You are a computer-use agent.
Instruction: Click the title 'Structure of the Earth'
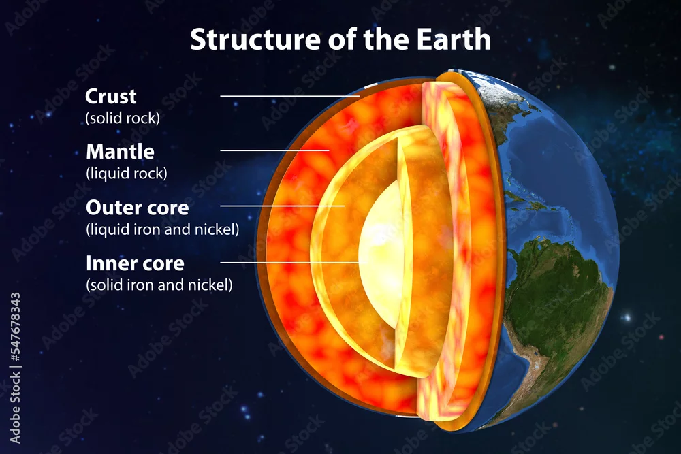coord(340,39)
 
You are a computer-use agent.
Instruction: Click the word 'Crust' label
coord(111,97)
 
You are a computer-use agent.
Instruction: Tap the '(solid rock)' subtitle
coord(123,118)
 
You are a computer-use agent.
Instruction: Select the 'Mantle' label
coord(121,152)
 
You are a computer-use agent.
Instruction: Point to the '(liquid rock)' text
coord(127,173)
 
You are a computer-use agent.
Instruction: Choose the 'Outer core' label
coord(138,208)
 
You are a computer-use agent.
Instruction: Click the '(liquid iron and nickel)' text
coord(163,229)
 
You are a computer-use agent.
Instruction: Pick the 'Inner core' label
coord(135,263)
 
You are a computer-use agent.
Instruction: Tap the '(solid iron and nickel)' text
coord(159,285)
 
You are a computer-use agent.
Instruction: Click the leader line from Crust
coord(290,96)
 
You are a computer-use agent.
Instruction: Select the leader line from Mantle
coord(274,150)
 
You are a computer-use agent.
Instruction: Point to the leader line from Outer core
coord(283,206)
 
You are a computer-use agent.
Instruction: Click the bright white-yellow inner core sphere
coord(381,256)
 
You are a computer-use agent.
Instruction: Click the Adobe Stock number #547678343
coord(15,327)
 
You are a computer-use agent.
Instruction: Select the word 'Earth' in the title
coord(454,39)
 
